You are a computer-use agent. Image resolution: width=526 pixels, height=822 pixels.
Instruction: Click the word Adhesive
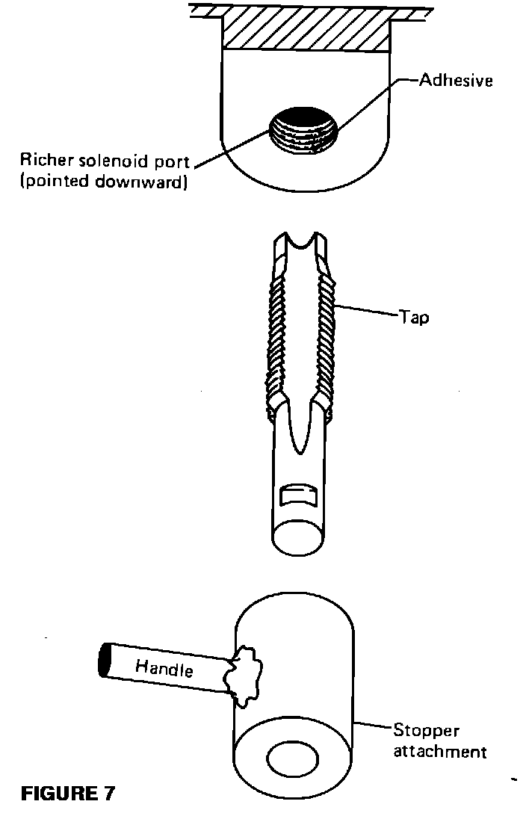pyautogui.click(x=455, y=80)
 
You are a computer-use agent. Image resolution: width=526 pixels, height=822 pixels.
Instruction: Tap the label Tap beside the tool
pyautogui.click(x=414, y=317)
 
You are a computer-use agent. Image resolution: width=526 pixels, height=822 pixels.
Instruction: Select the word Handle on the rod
pyautogui.click(x=164, y=667)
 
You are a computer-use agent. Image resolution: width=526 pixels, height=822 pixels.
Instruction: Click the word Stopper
pyautogui.click(x=427, y=730)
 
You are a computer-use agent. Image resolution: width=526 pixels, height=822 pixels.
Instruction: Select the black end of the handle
pyautogui.click(x=105, y=659)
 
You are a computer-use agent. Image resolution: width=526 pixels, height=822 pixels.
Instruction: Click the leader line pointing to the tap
pyautogui.click(x=366, y=311)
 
